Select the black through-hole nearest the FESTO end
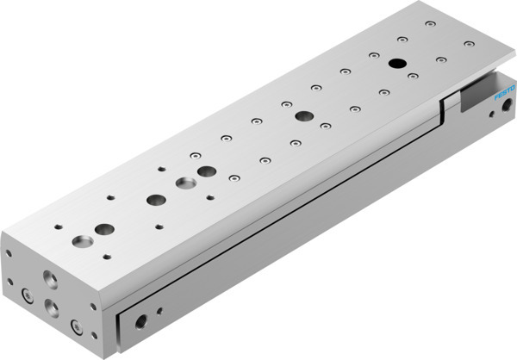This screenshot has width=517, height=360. click(x=397, y=63)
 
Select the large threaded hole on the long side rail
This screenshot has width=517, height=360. click(x=140, y=322)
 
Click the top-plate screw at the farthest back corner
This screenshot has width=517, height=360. click(x=427, y=27)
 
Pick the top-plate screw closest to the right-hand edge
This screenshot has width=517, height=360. click(x=468, y=43)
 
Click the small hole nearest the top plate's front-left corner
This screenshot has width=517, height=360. click(x=57, y=227)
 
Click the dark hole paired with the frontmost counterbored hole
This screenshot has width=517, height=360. click(x=104, y=230)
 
